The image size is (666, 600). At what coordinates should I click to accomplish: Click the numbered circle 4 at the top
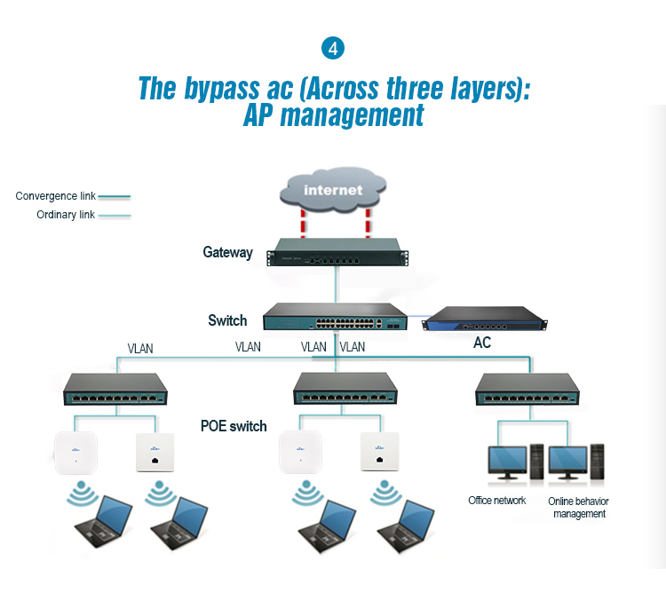[x=333, y=49]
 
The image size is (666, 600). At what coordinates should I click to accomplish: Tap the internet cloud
[x=333, y=190]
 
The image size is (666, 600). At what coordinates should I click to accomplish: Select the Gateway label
[x=227, y=252]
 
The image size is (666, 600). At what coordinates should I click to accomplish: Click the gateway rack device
[x=337, y=252]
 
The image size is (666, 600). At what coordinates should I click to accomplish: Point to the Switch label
[x=227, y=320]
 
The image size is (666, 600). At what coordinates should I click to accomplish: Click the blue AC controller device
[x=485, y=319]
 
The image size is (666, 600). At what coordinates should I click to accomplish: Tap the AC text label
[x=482, y=343]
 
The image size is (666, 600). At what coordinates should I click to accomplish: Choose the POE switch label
[x=234, y=426]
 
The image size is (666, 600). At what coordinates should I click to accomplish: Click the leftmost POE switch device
[x=115, y=390]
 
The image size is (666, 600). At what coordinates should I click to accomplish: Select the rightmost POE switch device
[x=527, y=390]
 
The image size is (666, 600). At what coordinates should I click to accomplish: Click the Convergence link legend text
[x=55, y=196]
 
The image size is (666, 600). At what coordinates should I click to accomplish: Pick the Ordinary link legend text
[x=66, y=215]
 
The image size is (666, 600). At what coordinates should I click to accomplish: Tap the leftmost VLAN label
[x=140, y=349]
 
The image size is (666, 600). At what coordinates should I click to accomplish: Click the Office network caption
[x=497, y=501]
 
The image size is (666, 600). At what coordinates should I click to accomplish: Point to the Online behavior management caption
[x=578, y=508]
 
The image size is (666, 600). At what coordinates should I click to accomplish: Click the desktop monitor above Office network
[x=507, y=462]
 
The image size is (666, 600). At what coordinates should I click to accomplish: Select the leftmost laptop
[x=104, y=521]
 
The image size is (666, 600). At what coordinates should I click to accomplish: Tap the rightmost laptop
[x=406, y=526]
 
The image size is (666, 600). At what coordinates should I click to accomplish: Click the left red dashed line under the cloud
[x=303, y=223]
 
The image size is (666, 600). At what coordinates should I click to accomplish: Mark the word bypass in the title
[x=221, y=89]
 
